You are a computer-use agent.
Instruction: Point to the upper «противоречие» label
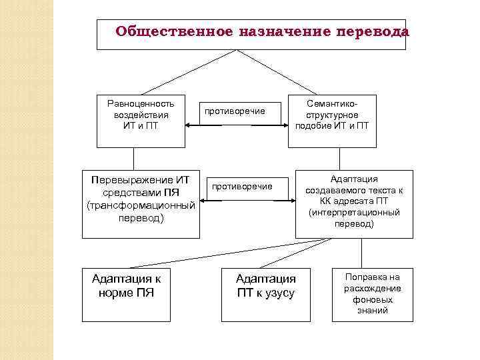(x=234, y=111)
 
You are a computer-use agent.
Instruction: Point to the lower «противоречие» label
(x=241, y=186)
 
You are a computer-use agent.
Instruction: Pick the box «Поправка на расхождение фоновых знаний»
(x=372, y=294)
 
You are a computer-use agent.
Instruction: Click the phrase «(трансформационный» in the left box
(x=141, y=205)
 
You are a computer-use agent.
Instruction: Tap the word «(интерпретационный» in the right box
(x=354, y=213)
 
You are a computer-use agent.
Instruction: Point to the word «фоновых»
(x=372, y=300)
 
